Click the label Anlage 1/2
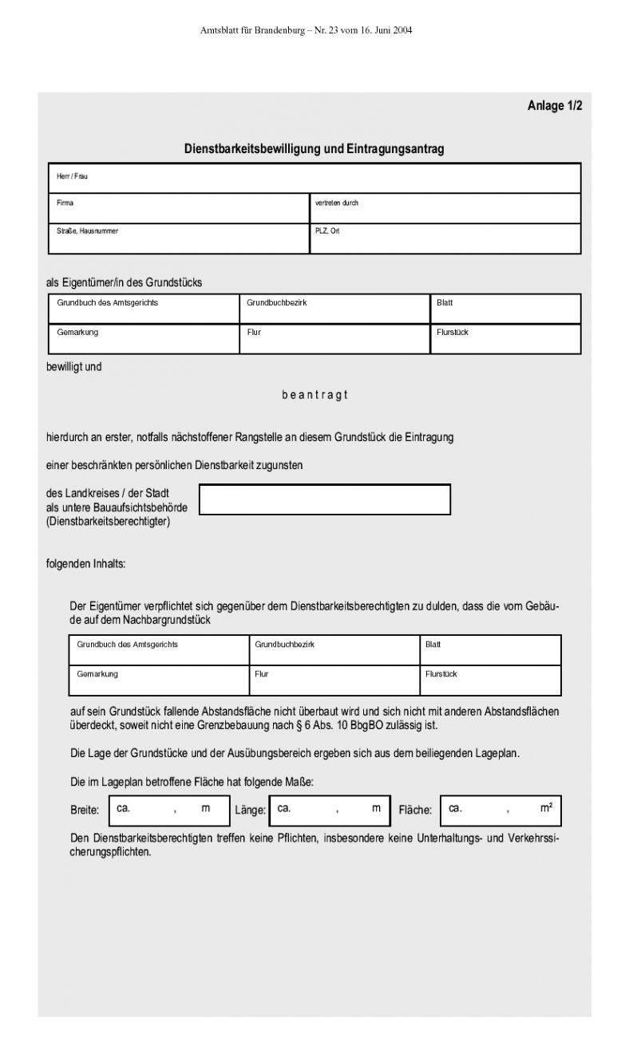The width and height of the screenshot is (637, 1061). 555,105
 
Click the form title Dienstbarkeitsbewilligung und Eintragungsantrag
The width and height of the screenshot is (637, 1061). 314,149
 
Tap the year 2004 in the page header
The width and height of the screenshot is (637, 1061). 402,30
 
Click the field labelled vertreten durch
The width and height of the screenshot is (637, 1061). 445,208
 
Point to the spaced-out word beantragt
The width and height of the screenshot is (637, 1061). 315,395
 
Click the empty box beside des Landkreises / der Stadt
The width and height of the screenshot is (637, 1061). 324,499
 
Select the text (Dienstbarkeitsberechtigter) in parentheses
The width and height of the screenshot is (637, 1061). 109,523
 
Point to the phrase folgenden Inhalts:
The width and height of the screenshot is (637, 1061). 86,564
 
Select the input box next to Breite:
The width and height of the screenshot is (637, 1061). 168,810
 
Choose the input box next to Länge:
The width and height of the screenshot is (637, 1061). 330,810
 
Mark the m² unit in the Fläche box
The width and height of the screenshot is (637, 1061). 547,808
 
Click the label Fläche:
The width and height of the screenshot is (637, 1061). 415,811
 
